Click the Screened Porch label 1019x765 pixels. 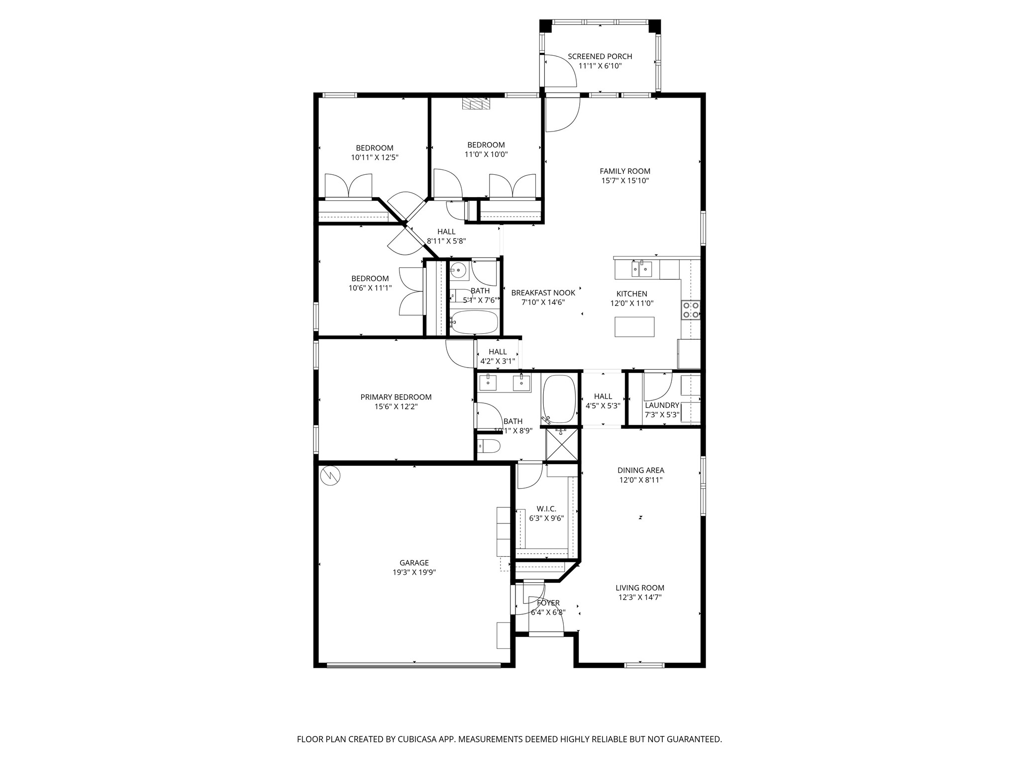point(600,56)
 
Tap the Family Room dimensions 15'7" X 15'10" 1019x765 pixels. point(625,181)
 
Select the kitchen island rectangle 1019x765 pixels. point(634,327)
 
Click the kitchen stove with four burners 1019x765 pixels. point(691,309)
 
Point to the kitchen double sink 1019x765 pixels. point(642,269)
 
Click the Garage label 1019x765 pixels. point(414,563)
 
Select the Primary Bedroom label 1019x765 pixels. point(396,397)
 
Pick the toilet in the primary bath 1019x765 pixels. point(489,446)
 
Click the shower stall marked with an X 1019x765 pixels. point(562,444)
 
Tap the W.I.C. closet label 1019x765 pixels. point(546,509)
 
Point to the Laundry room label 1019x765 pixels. point(662,405)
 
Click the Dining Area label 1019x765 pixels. point(641,470)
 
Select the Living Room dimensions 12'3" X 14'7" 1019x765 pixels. point(640,597)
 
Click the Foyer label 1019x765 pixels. point(548,603)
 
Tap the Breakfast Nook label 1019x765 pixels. point(543,293)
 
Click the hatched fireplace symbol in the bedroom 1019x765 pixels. point(476,104)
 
